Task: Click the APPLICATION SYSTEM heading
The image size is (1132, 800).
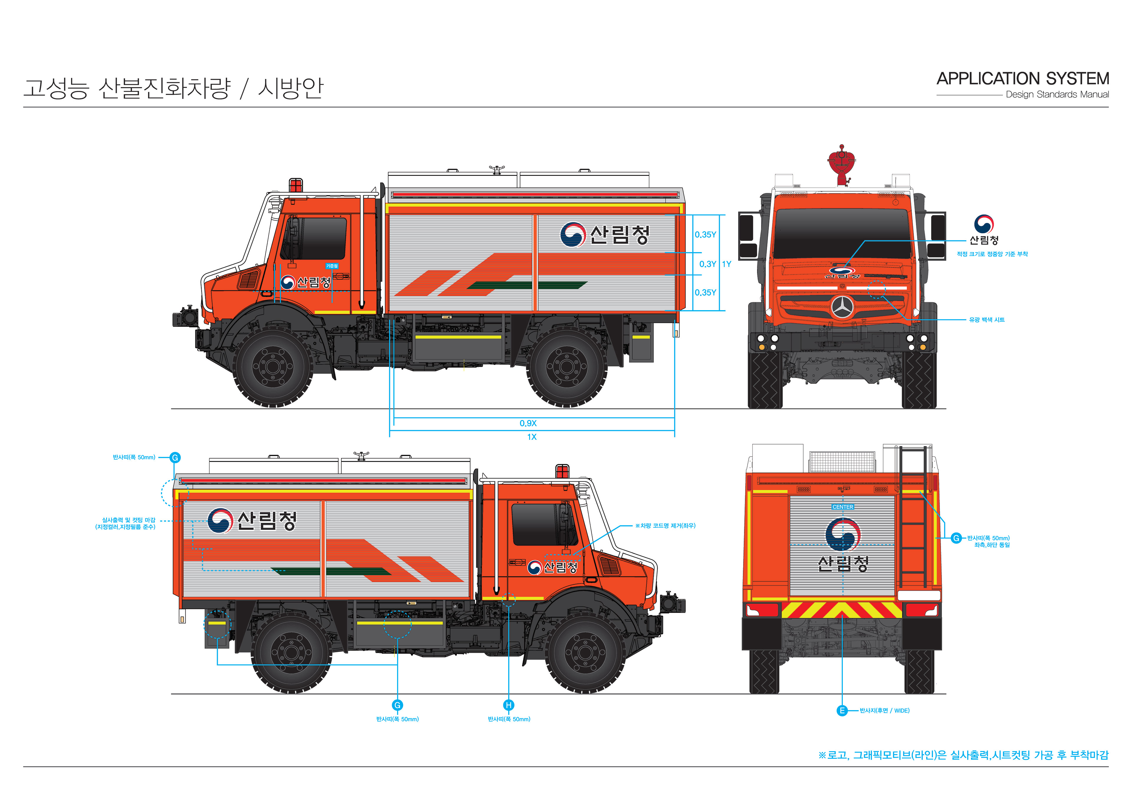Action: coord(1023,79)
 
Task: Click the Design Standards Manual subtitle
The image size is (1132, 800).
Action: coord(1057,95)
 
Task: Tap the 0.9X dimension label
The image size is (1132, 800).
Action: coord(528,423)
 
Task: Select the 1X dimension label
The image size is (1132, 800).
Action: coord(532,437)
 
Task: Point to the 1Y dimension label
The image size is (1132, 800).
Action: coord(726,264)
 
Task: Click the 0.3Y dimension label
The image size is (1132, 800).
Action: coord(707,264)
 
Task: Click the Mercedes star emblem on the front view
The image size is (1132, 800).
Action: coord(843,308)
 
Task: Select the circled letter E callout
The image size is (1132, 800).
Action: coord(842,710)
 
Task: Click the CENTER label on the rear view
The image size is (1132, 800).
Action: coord(843,507)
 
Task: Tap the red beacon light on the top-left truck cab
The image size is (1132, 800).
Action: coord(295,185)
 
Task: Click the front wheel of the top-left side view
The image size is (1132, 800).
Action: coord(273,366)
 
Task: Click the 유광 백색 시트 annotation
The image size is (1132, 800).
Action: coord(987,320)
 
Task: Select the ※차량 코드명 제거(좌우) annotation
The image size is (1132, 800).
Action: coord(665,525)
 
